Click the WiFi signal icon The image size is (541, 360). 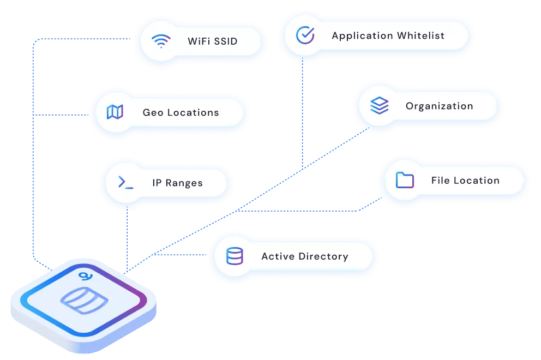(x=161, y=41)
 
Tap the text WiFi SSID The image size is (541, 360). (x=213, y=41)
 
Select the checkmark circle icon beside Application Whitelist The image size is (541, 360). (x=305, y=35)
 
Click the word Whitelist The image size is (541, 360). (x=420, y=35)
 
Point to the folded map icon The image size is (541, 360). (x=115, y=112)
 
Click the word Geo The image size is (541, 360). (x=153, y=112)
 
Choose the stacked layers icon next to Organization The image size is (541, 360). (x=380, y=105)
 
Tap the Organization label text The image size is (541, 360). (x=439, y=106)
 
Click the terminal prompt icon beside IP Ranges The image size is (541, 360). (x=125, y=182)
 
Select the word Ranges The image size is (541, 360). (x=184, y=183)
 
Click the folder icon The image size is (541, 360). (x=405, y=180)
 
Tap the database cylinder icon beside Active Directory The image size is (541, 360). (x=235, y=256)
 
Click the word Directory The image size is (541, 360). (x=323, y=256)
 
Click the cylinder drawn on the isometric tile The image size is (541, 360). (x=84, y=300)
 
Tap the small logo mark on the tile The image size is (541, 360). (x=85, y=276)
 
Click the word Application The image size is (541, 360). (x=362, y=36)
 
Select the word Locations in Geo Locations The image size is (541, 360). (x=193, y=112)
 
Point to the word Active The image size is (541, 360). (x=278, y=256)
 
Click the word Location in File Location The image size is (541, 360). (x=477, y=180)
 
